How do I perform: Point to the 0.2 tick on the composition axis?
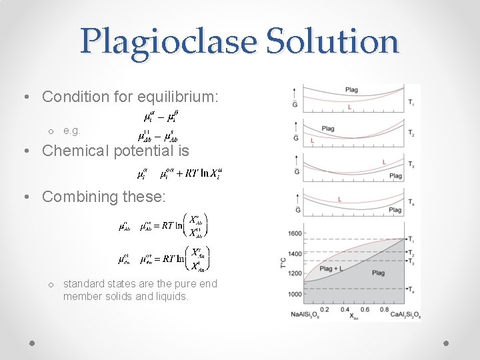(324, 309)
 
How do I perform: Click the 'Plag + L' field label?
(331, 269)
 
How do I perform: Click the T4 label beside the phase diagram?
(411, 289)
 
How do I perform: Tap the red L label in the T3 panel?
(384, 162)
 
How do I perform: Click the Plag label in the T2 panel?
(328, 129)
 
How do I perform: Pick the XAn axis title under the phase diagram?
(354, 316)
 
